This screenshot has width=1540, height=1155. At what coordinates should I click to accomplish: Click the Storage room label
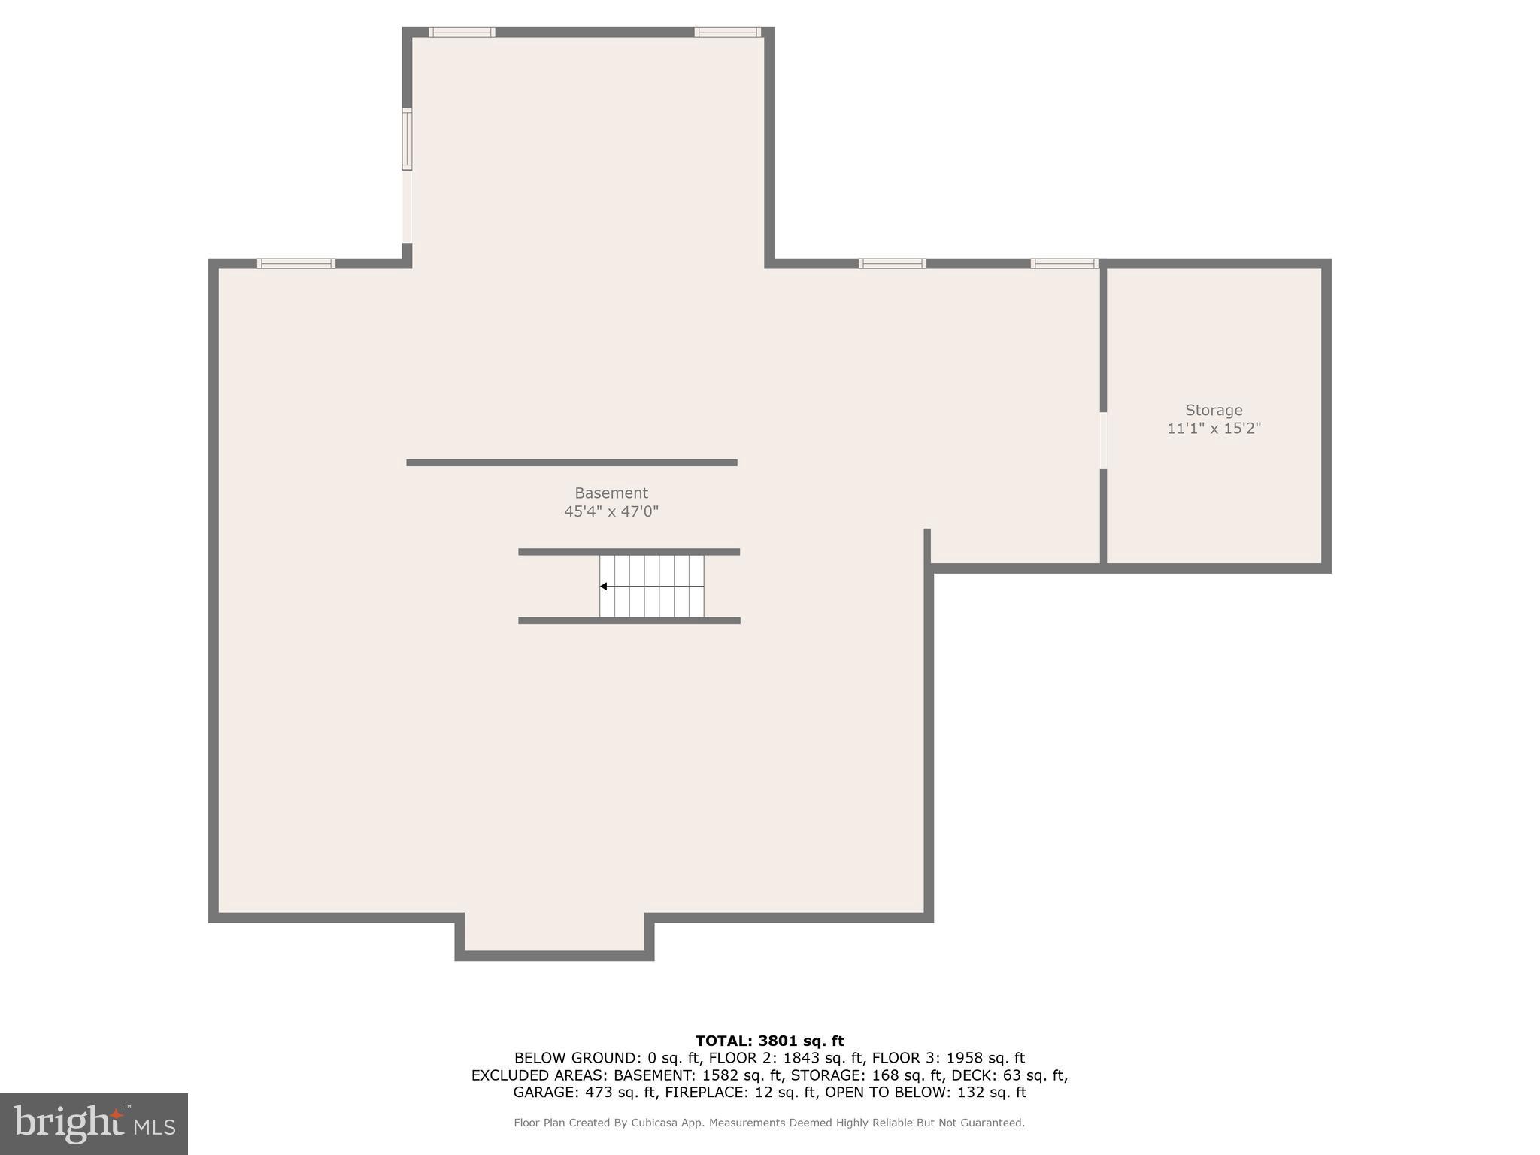(1214, 411)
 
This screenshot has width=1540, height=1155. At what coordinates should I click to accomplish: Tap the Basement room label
(611, 493)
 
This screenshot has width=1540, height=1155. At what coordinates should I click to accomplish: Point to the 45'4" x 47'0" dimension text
(611, 512)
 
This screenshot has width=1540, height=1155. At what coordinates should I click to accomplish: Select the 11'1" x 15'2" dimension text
(1214, 429)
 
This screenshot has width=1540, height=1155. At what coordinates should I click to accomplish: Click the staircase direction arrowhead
(603, 587)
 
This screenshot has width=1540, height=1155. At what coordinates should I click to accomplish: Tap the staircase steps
(652, 587)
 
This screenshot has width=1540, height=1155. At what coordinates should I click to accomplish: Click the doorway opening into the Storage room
(1103, 441)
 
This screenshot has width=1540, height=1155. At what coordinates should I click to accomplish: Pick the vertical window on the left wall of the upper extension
(407, 139)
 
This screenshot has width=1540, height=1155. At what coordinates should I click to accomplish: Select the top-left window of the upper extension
(462, 32)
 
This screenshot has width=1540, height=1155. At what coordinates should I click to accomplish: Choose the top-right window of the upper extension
(727, 32)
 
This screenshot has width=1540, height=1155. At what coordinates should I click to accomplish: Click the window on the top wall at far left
(296, 264)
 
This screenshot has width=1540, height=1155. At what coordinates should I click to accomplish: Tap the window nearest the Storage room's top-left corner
(1064, 264)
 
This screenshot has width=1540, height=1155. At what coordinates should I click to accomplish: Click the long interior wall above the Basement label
(571, 463)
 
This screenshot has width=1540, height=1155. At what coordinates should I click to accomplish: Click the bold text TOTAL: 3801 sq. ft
(769, 1041)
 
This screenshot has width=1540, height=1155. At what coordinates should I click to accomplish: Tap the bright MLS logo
(94, 1124)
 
